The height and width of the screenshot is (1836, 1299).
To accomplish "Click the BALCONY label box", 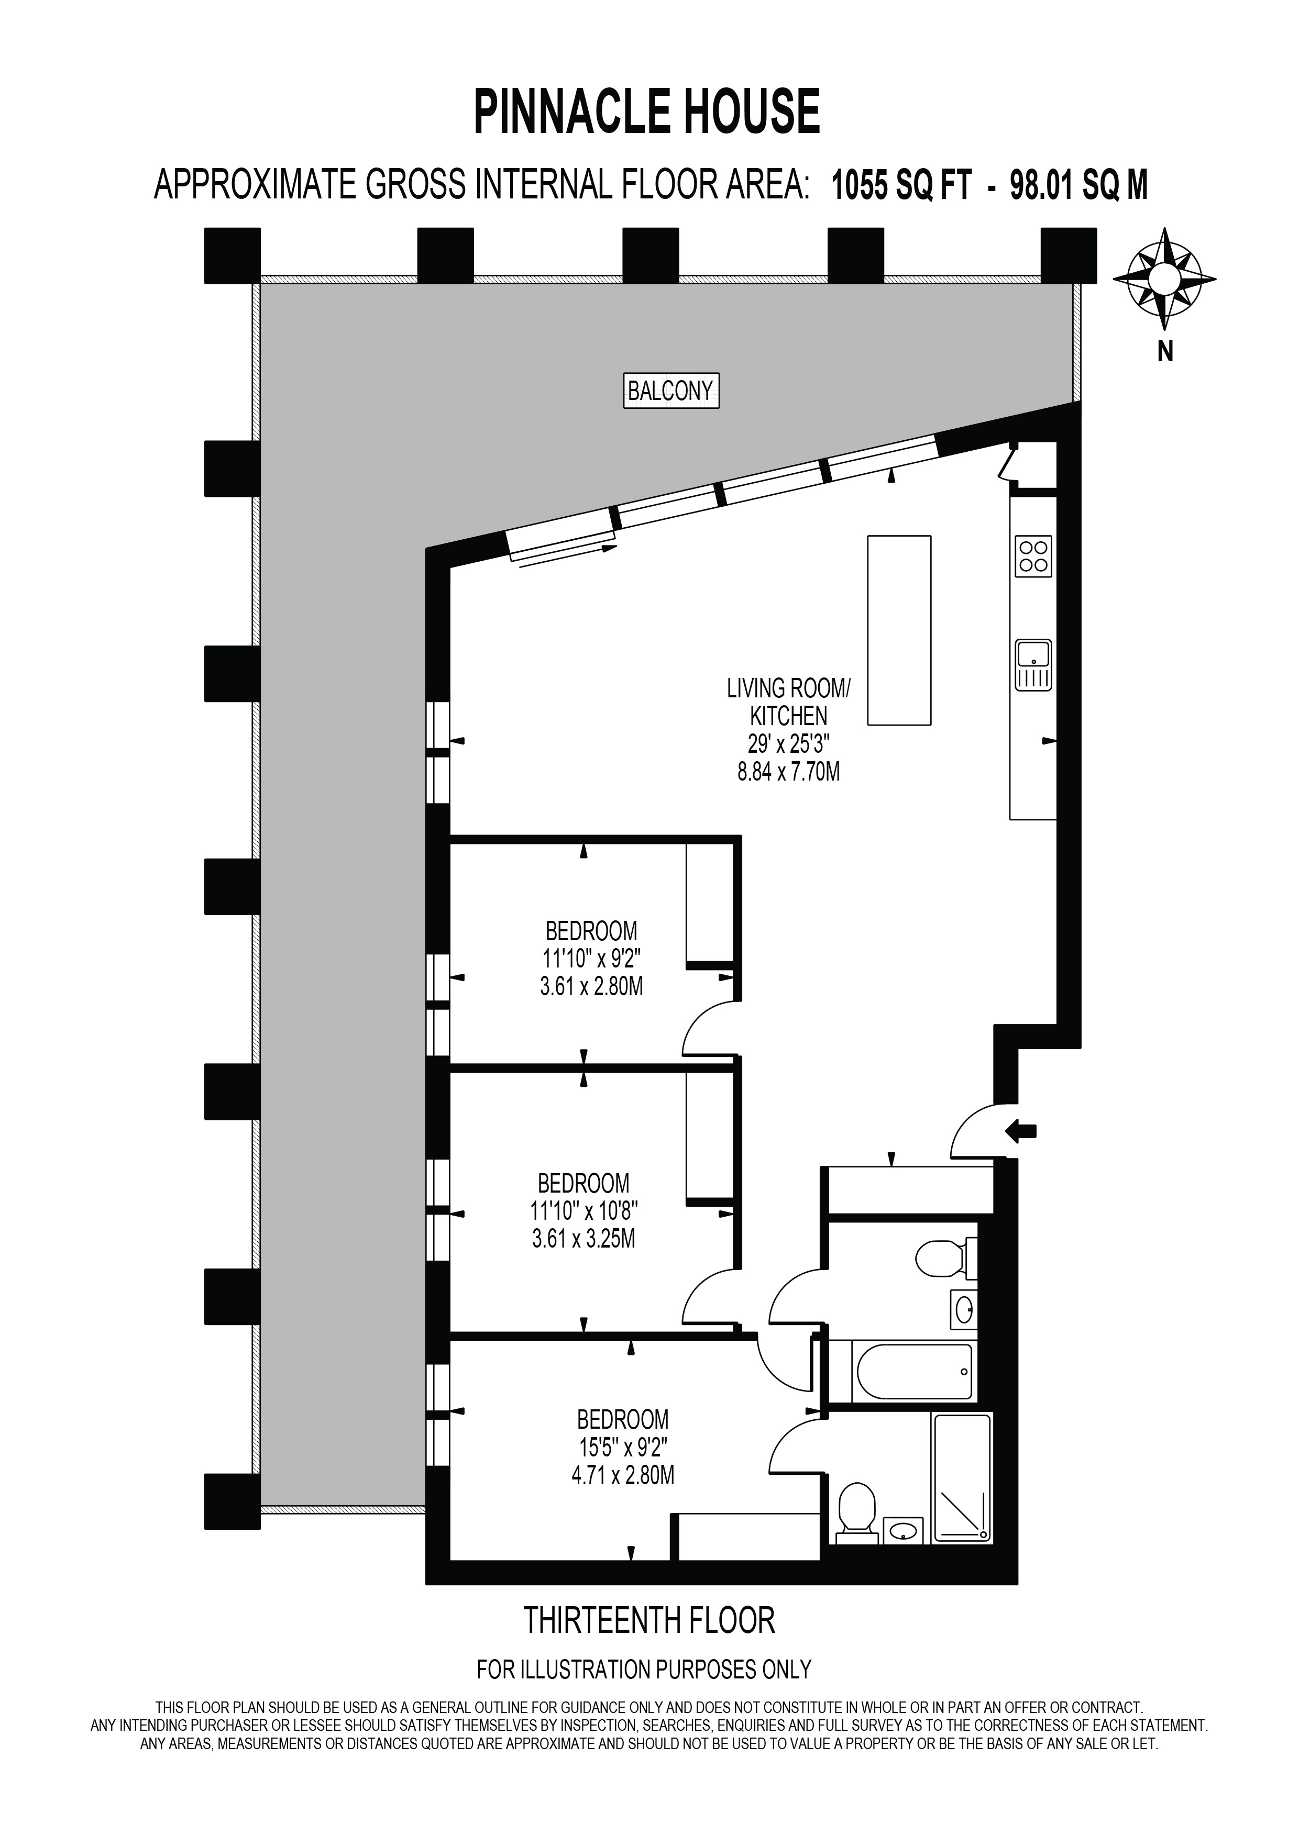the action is (671, 391).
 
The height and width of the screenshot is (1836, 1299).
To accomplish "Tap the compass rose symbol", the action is (1164, 279).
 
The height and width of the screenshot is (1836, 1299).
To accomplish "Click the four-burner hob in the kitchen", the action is (1032, 557).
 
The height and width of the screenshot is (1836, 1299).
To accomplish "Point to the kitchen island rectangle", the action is (899, 630).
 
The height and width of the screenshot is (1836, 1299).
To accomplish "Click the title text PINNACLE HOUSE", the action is (647, 112).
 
